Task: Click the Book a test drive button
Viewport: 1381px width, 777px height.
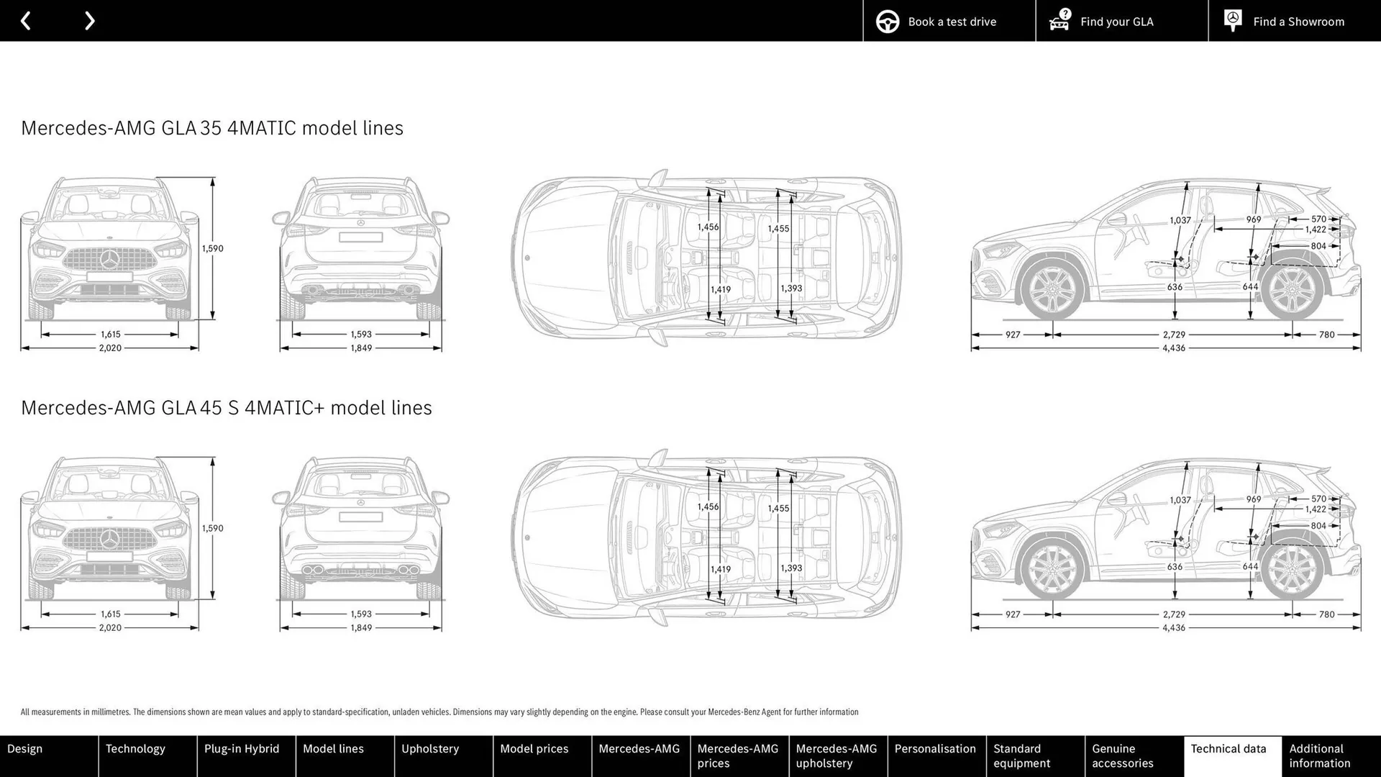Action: click(x=949, y=22)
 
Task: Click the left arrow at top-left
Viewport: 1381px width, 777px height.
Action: click(x=26, y=21)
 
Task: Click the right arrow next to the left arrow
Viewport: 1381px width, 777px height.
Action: click(x=89, y=21)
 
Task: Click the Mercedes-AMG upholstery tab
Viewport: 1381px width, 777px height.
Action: click(x=837, y=755)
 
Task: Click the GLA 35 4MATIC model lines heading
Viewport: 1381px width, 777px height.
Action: click(x=212, y=128)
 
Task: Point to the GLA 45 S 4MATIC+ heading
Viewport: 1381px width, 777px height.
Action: click(x=227, y=408)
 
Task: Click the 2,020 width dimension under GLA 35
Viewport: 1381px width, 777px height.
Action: click(x=110, y=348)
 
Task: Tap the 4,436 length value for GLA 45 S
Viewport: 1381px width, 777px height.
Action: click(x=1173, y=628)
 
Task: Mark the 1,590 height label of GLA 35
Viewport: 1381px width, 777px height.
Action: click(x=212, y=249)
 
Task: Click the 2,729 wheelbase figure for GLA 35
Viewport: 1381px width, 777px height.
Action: click(x=1174, y=335)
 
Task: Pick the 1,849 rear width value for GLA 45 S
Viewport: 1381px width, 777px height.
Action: click(x=361, y=628)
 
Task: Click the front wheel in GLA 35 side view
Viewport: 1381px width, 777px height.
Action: click(x=1052, y=289)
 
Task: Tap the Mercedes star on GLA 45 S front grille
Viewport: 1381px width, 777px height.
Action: click(x=109, y=539)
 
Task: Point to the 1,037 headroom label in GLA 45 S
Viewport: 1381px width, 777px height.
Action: click(x=1180, y=500)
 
